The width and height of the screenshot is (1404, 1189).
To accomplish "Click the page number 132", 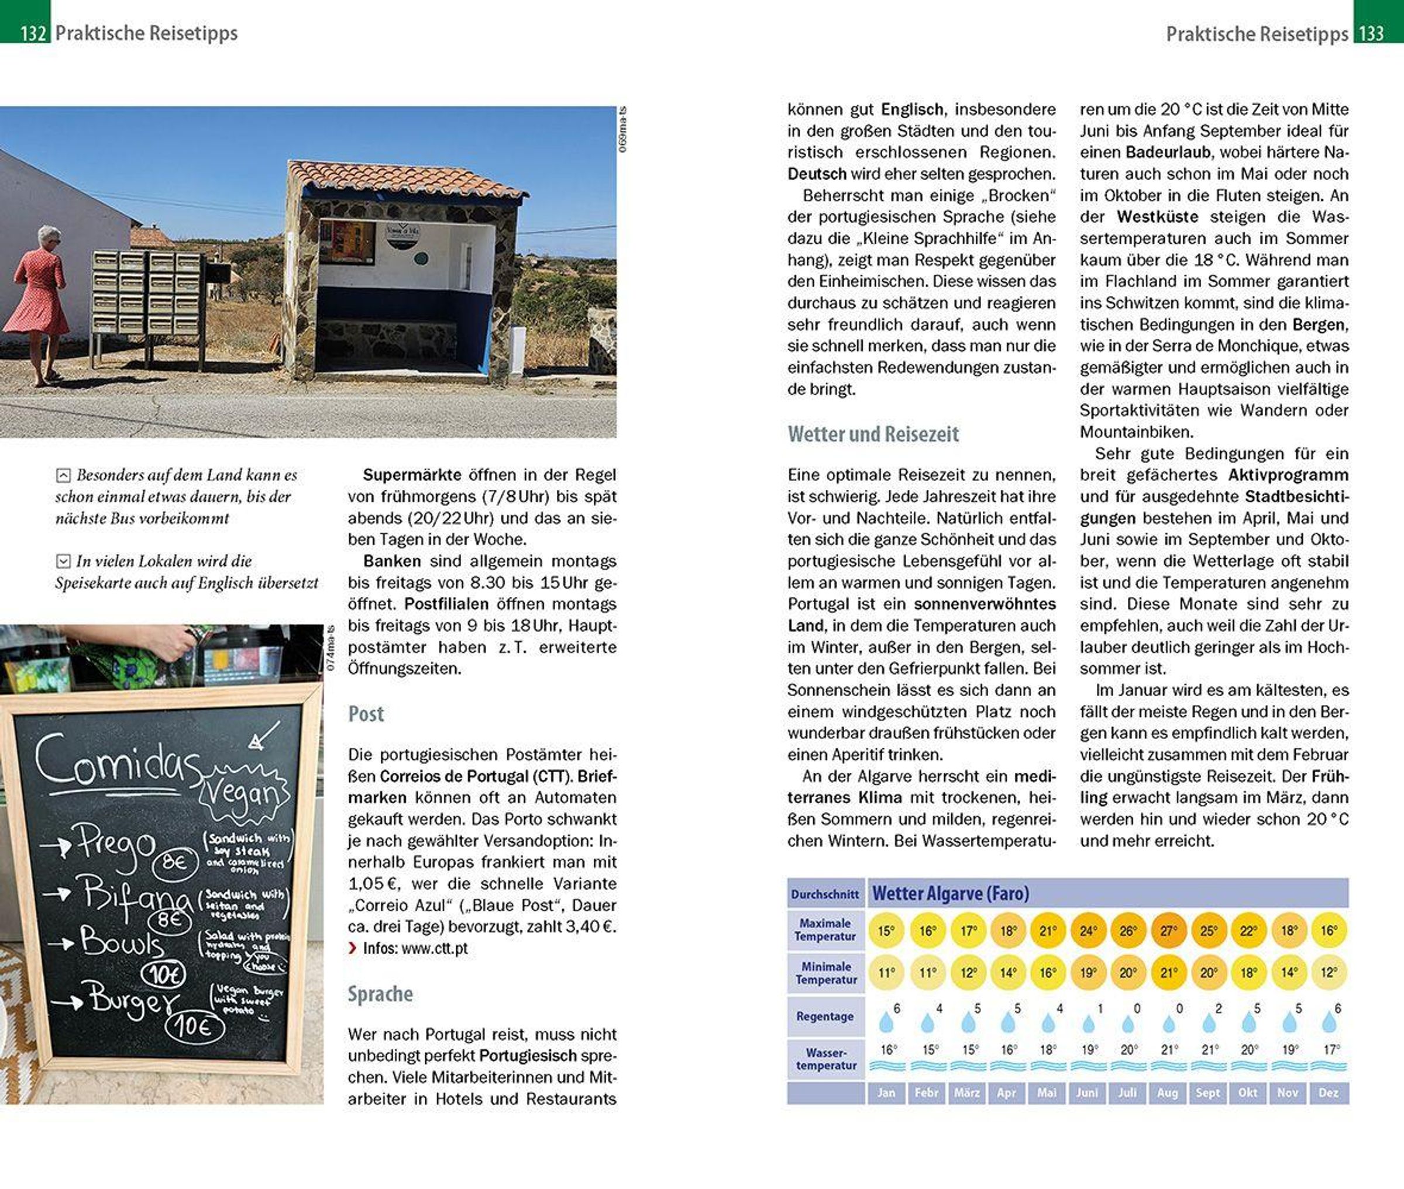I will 32,32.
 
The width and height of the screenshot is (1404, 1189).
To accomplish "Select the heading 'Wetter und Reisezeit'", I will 873,434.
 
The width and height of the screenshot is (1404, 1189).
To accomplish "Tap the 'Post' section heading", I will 366,714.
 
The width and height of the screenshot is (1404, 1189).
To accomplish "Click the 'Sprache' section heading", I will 380,994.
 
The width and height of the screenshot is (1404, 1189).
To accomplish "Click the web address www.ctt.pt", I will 434,948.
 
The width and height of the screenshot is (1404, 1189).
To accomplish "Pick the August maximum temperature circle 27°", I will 1168,931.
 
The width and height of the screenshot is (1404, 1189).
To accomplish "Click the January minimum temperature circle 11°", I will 886,973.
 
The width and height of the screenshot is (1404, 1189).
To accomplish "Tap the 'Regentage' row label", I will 825,1016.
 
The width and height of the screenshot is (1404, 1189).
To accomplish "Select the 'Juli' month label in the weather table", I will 1127,1092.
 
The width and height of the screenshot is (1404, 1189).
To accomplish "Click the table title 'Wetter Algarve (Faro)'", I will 950,894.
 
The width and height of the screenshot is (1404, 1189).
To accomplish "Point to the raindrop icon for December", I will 1329,1022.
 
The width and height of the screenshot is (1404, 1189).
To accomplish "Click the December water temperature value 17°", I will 1331,1049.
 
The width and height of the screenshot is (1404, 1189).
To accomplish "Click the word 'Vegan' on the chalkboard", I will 243,796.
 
